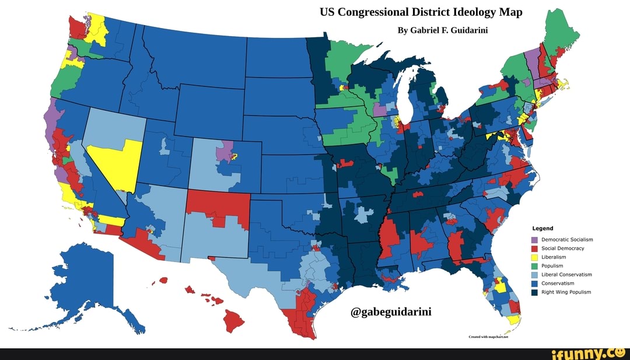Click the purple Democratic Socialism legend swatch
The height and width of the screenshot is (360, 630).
pyautogui.click(x=534, y=240)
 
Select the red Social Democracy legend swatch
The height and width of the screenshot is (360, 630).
pyautogui.click(x=534, y=249)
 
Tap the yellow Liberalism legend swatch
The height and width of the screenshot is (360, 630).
pyautogui.click(x=534, y=257)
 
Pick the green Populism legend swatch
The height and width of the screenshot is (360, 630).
pyautogui.click(x=534, y=266)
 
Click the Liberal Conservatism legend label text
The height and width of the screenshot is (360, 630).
pyautogui.click(x=566, y=275)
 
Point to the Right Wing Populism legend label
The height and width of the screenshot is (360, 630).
pyautogui.click(x=566, y=292)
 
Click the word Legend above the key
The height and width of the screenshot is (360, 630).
pyautogui.click(x=542, y=228)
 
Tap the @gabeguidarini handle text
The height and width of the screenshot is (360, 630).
pyautogui.click(x=391, y=311)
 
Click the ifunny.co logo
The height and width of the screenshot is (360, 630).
pyautogui.click(x=589, y=352)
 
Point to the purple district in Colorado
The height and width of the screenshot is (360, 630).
pyautogui.click(x=223, y=153)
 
